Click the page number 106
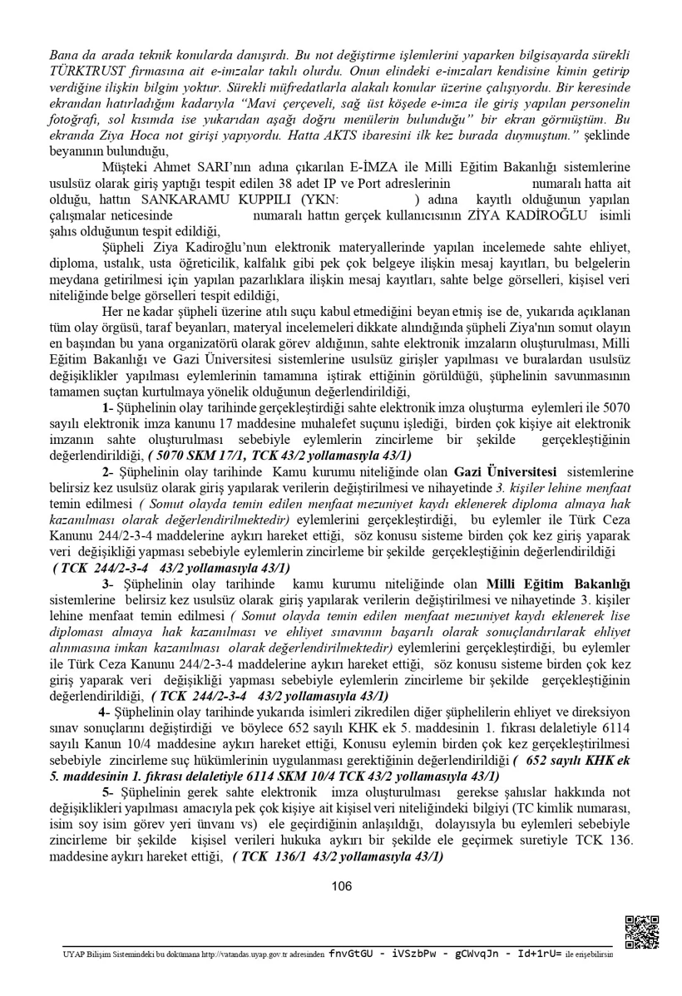(x=341, y=886)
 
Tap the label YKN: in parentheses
(x=323, y=200)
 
